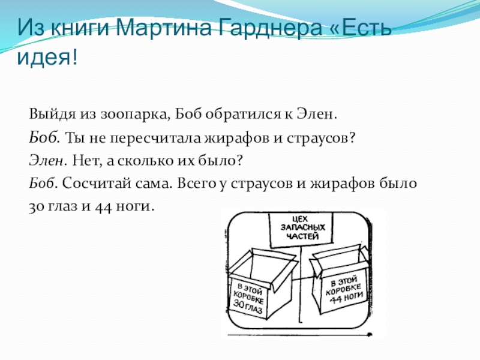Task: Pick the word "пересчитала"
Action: coord(128,137)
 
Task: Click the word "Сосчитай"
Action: coord(92,184)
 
